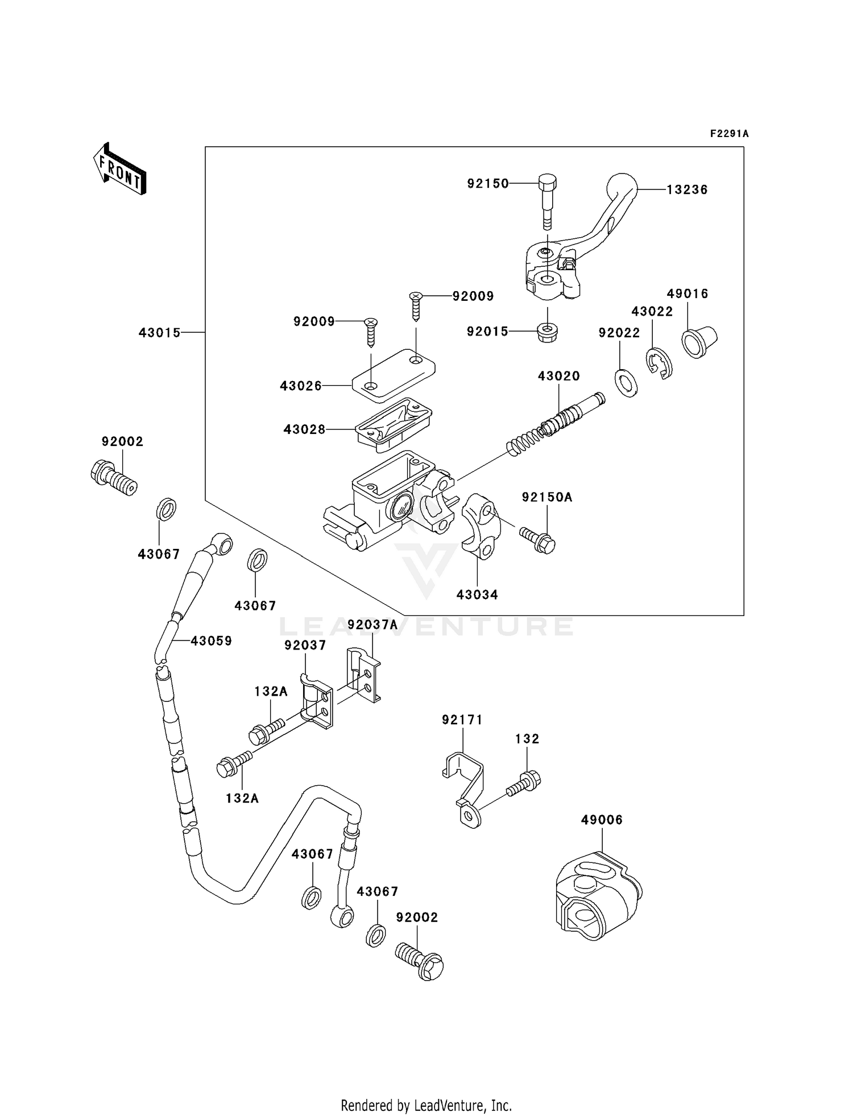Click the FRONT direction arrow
[x=120, y=168]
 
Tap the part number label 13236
[x=687, y=190]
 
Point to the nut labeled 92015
[x=547, y=332]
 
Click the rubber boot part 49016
[x=699, y=342]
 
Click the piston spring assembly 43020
[x=554, y=424]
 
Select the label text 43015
[x=159, y=333]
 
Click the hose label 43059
[x=211, y=641]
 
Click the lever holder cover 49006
[x=597, y=896]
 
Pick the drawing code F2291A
[x=729, y=134]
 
